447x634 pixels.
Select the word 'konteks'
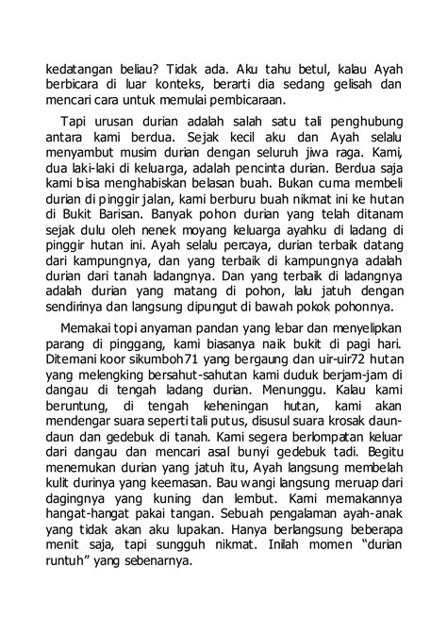(x=207, y=86)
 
